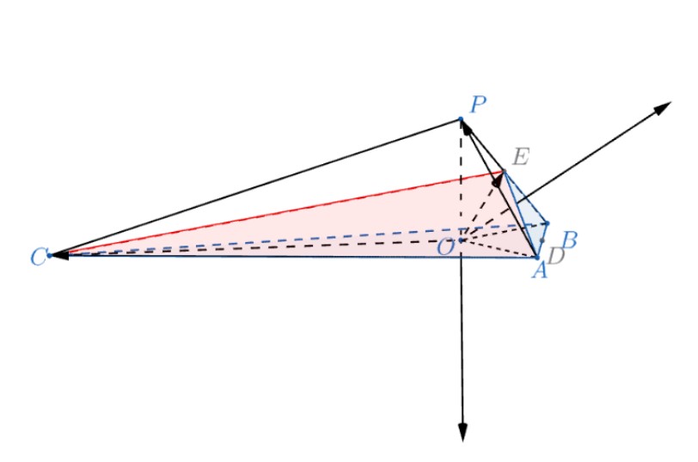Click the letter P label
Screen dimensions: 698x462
tap(478, 105)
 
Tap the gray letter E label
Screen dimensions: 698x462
tap(520, 157)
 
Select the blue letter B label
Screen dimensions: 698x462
tap(569, 240)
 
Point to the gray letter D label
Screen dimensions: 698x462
tap(556, 255)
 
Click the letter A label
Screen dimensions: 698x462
tap(540, 270)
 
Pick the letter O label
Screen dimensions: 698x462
tap(445, 247)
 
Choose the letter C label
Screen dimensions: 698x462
tap(38, 258)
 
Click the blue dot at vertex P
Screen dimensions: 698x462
tap(461, 119)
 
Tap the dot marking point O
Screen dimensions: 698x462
tap(461, 240)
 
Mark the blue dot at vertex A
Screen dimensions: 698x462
tap(537, 258)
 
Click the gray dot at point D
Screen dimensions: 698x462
tap(542, 240)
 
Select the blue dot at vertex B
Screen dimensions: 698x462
tap(547, 223)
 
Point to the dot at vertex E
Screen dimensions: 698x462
tap(504, 171)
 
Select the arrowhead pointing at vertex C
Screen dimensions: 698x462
tap(59, 256)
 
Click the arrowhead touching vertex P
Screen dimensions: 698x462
tap(466, 127)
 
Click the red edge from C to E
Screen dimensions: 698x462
tap(277, 214)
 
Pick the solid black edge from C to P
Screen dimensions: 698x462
tap(255, 187)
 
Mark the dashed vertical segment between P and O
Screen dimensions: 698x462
tap(461, 179)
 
